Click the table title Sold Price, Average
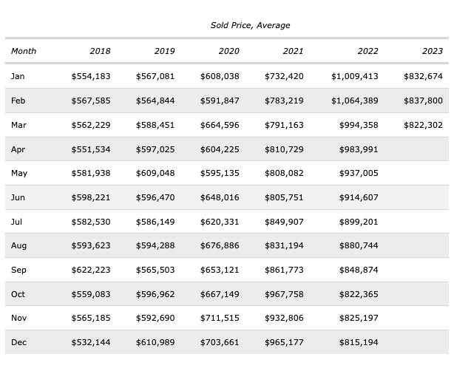(x=250, y=25)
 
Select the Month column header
(x=24, y=51)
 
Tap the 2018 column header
(x=100, y=51)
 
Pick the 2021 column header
(x=293, y=51)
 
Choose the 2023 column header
(x=433, y=51)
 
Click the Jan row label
(x=18, y=76)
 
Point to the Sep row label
(x=18, y=270)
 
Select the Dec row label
(x=18, y=342)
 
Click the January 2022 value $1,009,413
(x=355, y=76)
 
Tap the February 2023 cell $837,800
(x=423, y=101)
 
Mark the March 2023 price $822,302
(x=423, y=125)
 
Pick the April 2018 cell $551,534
(x=91, y=149)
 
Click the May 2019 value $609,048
(x=155, y=173)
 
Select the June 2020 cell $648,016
(x=220, y=197)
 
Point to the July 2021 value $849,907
(x=284, y=222)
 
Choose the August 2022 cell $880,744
(x=359, y=245)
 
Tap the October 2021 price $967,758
(x=284, y=294)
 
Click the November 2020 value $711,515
(x=220, y=318)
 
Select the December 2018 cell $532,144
(x=91, y=342)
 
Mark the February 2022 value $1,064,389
(x=355, y=101)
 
